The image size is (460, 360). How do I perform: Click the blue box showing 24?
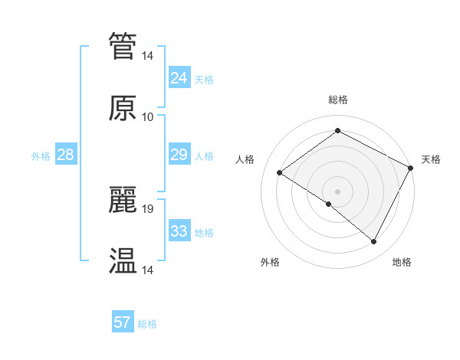click(179, 78)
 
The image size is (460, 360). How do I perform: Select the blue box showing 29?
click(179, 155)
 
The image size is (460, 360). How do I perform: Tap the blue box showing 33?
click(179, 232)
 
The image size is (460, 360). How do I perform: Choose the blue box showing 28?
click(65, 155)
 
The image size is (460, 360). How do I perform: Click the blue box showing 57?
click(122, 322)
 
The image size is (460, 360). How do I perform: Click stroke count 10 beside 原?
click(148, 116)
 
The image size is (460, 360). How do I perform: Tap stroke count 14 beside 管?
click(148, 55)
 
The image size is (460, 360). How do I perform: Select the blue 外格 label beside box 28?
click(41, 156)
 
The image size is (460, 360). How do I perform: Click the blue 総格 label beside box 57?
click(147, 323)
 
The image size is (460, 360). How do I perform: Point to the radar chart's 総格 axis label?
click(337, 100)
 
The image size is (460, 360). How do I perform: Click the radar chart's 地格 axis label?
click(402, 263)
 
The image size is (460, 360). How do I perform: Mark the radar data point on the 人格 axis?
click(280, 173)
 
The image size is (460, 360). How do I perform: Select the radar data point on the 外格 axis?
click(329, 204)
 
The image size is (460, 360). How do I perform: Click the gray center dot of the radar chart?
click(337, 191)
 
